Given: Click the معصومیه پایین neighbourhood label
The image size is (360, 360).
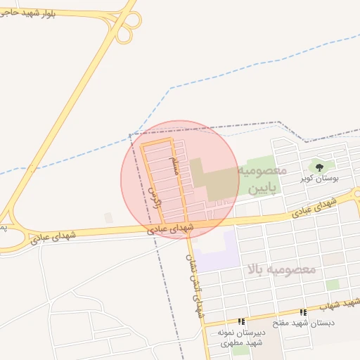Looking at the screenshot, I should [x=262, y=179].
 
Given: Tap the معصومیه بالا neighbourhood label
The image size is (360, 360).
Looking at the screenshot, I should [x=281, y=269].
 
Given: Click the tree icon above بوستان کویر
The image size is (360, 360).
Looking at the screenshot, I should [x=320, y=167].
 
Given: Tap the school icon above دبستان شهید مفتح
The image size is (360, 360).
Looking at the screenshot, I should [x=303, y=312].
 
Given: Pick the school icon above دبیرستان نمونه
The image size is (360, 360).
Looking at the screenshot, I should [x=241, y=321].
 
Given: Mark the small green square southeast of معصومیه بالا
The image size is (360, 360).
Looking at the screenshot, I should [x=333, y=284].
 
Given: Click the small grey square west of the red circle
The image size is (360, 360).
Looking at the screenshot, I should [x=108, y=218].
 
